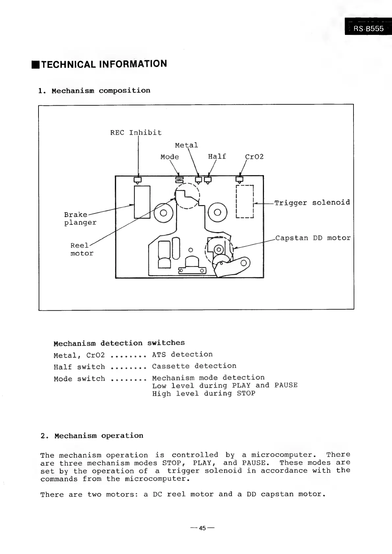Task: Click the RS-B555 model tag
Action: (368, 29)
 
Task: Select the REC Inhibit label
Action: (136, 133)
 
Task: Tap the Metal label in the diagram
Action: (186, 145)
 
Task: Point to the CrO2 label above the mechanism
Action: (254, 157)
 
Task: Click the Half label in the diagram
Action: (217, 156)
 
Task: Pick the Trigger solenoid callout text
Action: (312, 202)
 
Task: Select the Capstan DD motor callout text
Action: (313, 238)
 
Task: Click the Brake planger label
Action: (80, 219)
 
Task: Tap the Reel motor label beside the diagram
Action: (82, 250)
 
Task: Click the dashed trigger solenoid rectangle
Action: (245, 201)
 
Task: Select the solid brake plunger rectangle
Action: (142, 202)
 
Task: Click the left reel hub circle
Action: (164, 213)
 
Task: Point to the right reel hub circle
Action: (218, 213)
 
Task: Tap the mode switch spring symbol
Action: (179, 180)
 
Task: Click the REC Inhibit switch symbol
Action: (138, 180)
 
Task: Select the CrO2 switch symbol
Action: (240, 179)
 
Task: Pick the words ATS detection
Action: (182, 355)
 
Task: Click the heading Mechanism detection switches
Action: (119, 343)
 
